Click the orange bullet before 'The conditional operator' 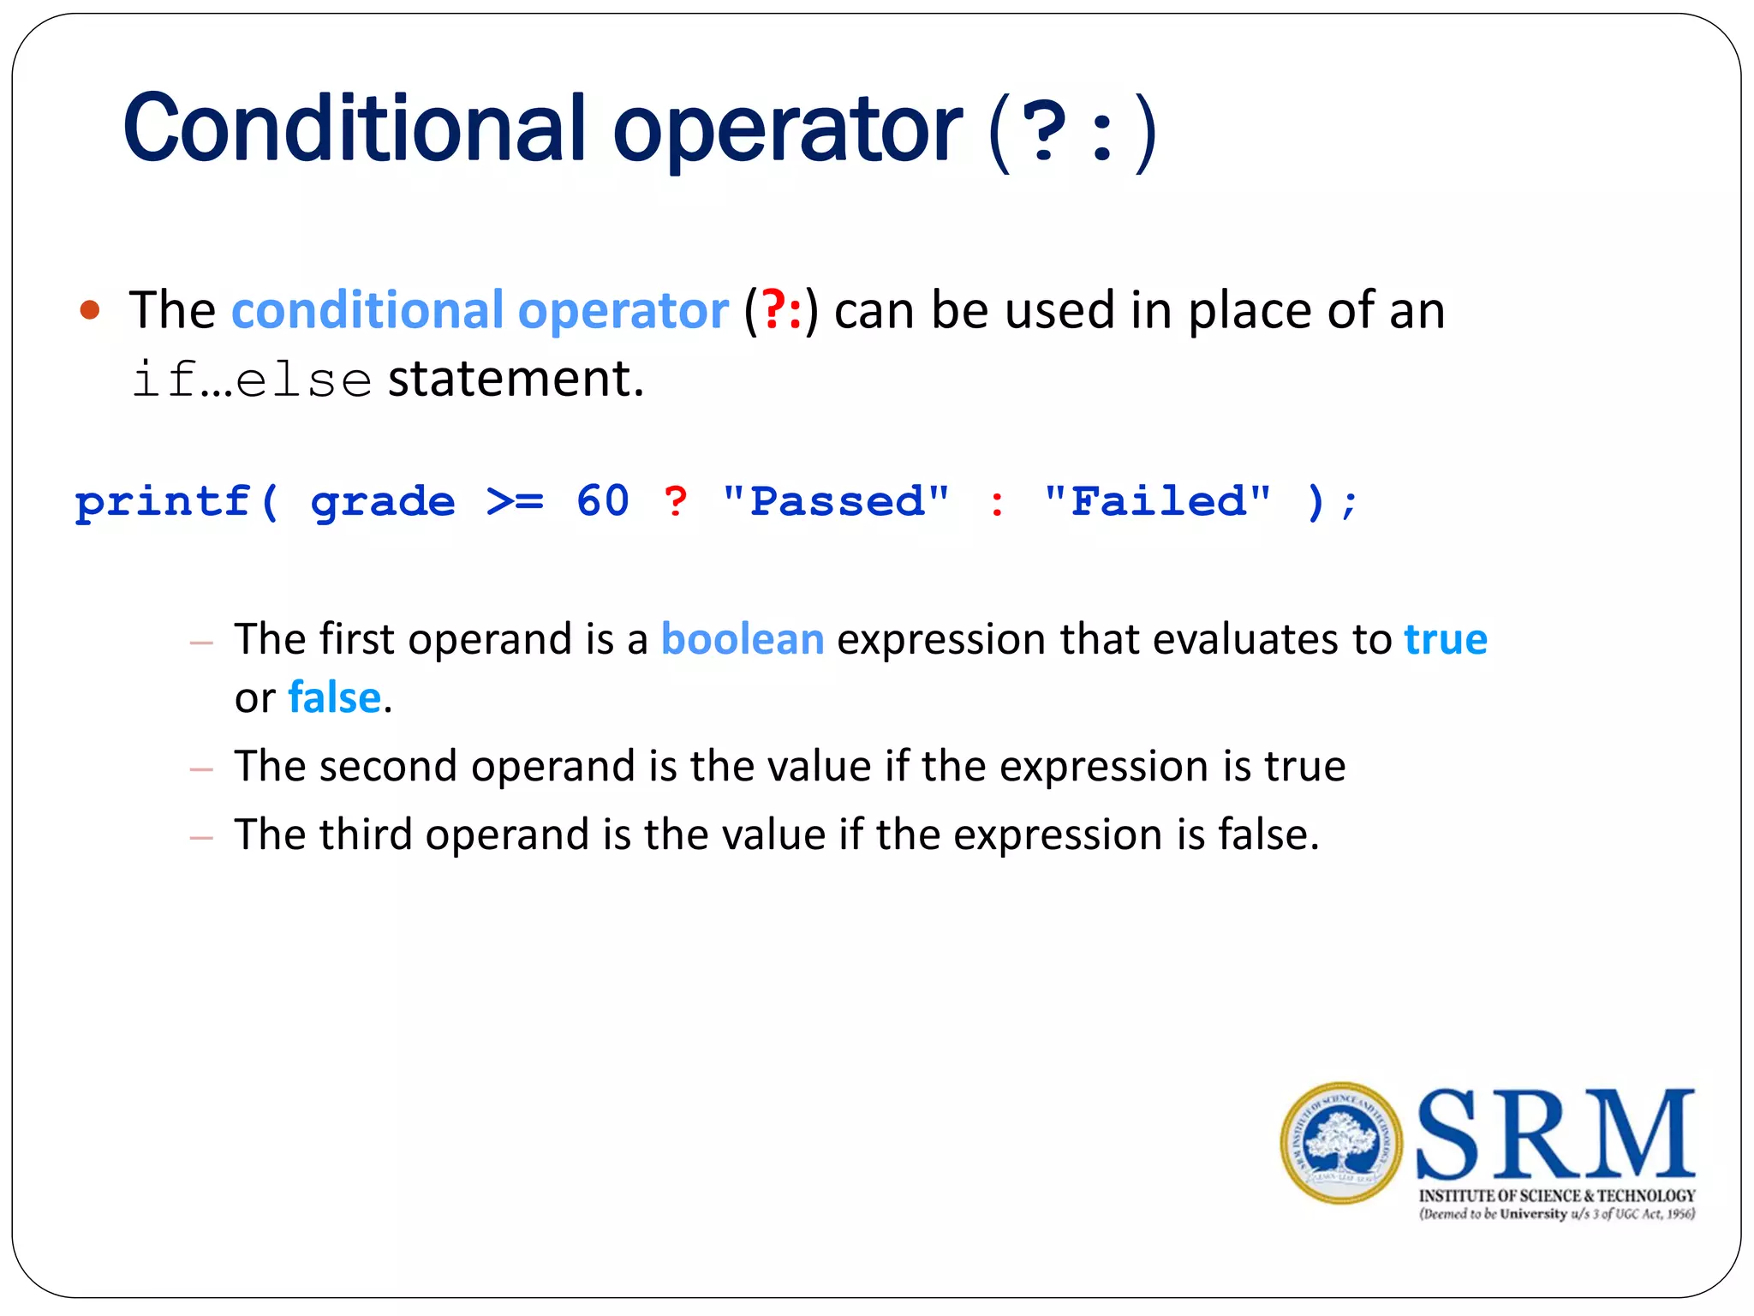90,310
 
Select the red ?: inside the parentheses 782,310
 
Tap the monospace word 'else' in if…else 303,380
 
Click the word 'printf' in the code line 163,501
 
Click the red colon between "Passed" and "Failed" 996,503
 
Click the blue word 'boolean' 743,640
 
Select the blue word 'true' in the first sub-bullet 1446,640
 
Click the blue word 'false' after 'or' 334,697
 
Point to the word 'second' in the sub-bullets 388,766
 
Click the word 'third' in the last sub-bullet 366,834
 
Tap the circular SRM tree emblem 1341,1144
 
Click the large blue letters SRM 1555,1135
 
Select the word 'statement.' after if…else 516,379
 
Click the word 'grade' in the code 383,503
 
